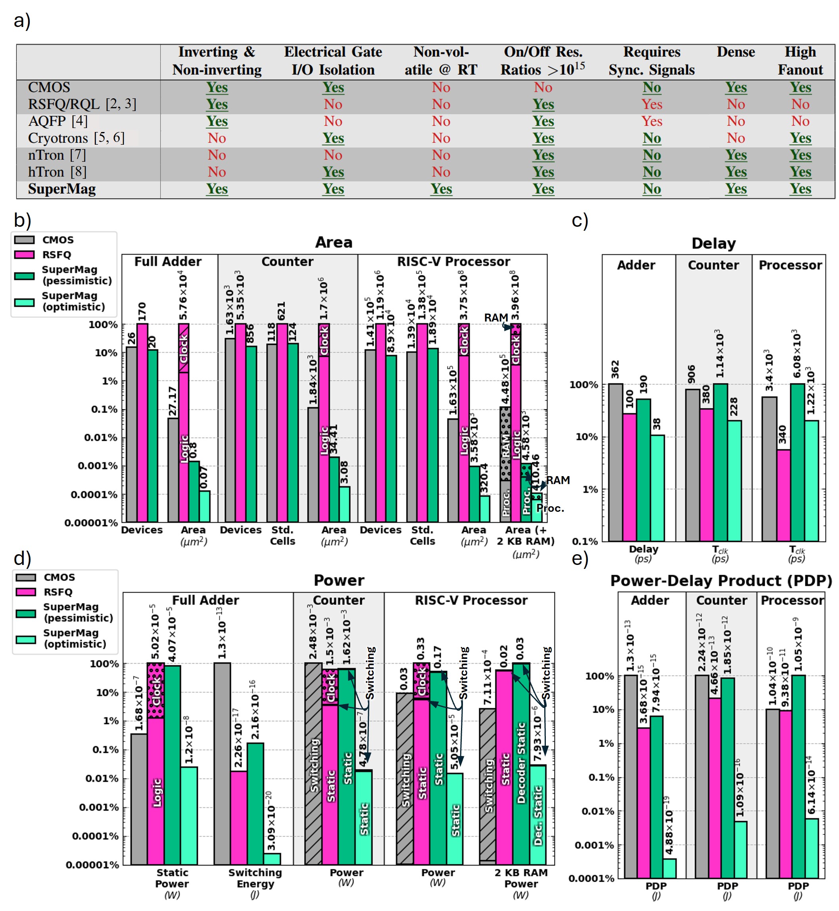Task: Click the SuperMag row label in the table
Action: coord(62,189)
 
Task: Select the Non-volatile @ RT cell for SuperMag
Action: coord(441,189)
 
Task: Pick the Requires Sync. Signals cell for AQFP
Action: coord(651,121)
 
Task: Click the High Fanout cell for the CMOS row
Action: coord(800,87)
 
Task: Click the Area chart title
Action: coord(334,242)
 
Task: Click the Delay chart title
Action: coord(713,244)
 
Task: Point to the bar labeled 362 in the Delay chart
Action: coord(616,462)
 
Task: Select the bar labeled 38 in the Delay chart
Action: coord(657,488)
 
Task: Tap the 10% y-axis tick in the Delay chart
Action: coord(587,437)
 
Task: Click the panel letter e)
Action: coord(580,559)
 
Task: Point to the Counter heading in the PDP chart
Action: coord(722,600)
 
